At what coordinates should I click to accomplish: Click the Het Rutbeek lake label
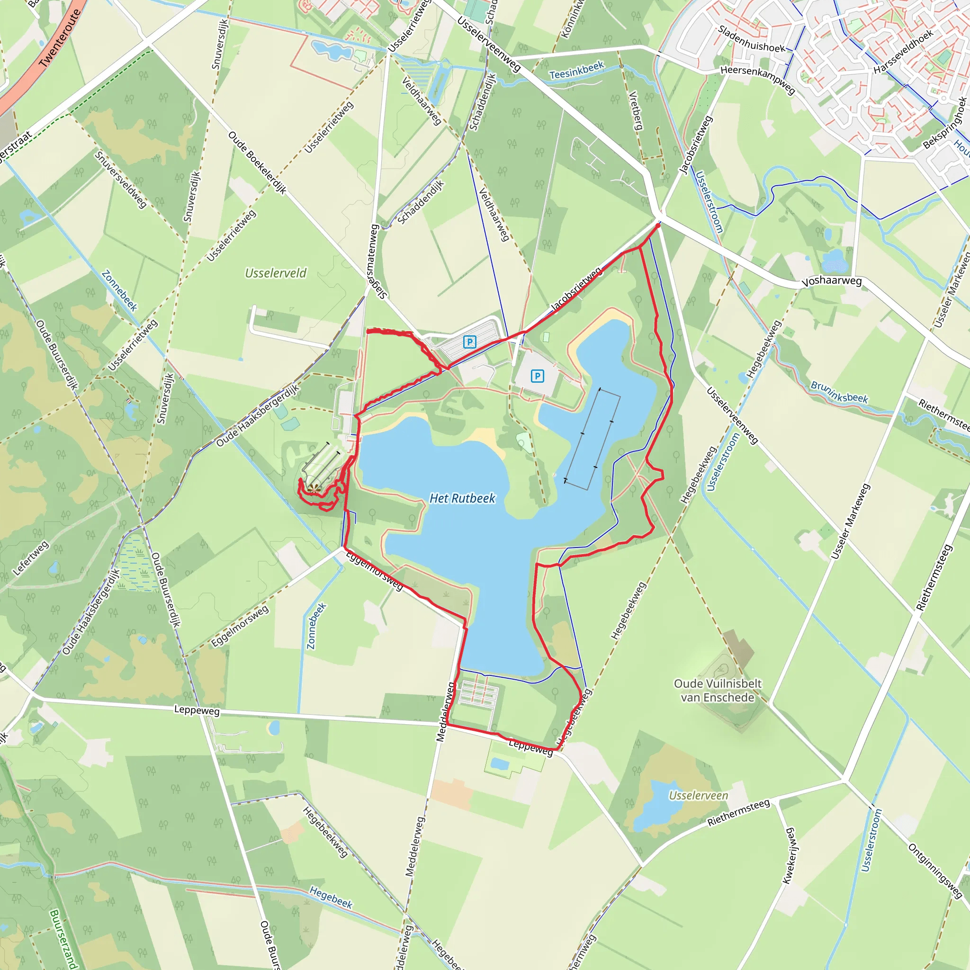pos(462,498)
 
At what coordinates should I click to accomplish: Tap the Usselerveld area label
pos(276,273)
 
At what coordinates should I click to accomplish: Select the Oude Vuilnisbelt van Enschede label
pos(718,691)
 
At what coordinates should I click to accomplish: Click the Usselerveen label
pos(699,795)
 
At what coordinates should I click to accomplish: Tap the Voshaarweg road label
pos(831,281)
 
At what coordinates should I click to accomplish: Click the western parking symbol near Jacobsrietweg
pos(469,342)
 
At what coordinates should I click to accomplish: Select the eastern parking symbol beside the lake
pos(537,376)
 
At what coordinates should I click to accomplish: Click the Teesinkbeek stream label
pos(576,71)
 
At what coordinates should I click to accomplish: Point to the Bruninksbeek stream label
pos(839,392)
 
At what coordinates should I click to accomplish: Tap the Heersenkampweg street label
pos(758,79)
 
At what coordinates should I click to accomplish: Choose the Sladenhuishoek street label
pos(751,39)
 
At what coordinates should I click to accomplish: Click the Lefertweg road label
pos(31,558)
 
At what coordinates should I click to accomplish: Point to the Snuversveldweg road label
pos(120,179)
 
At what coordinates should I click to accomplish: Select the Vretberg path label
pos(636,110)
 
